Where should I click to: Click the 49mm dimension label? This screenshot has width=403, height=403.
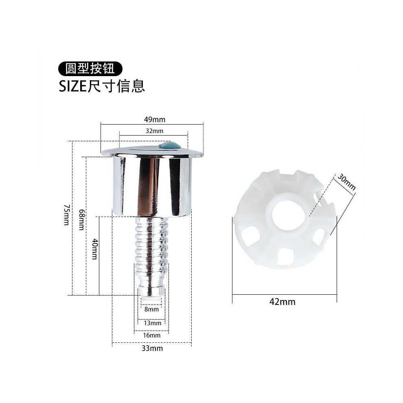[154, 120]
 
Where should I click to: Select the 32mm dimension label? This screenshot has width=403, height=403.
[154, 131]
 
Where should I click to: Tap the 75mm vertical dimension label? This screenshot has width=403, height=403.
[67, 215]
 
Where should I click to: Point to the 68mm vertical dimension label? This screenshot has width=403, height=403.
[81, 219]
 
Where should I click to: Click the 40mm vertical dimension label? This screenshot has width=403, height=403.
[95, 249]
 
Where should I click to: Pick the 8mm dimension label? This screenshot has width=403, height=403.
[151, 309]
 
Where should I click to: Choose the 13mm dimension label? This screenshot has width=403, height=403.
[152, 323]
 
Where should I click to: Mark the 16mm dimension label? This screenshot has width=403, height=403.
[152, 335]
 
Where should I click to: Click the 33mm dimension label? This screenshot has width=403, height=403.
[152, 348]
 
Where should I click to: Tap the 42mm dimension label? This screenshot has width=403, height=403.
[282, 302]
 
